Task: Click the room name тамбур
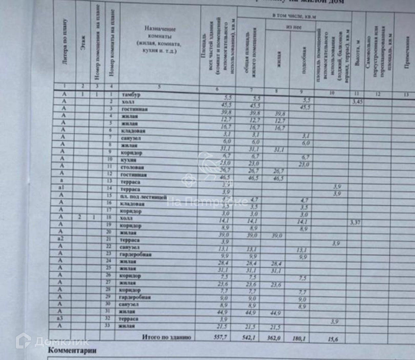coord(131,95)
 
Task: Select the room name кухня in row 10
coord(128,160)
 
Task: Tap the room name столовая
coord(132,168)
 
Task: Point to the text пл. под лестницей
coord(143,197)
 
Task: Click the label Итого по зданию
coord(166,337)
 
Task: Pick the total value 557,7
coord(220,337)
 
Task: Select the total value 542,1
coord(249,338)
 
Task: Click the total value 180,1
coord(299,339)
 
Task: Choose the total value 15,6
coord(333,339)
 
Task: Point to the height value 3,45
coord(357,102)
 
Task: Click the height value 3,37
coord(355,223)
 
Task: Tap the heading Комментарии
coord(72,350)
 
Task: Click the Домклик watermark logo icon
coord(23,341)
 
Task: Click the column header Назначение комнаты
coord(160,40)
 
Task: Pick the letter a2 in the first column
coord(61,239)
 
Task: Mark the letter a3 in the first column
coord(60,318)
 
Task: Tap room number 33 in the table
coord(108,325)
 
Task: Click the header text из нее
coord(294,27)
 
